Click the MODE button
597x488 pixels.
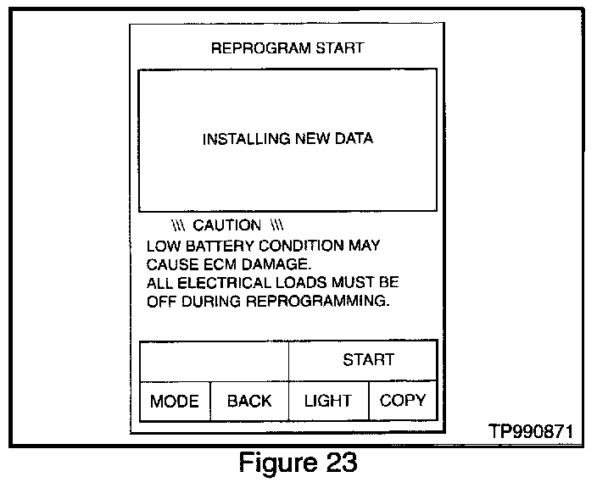point(174,401)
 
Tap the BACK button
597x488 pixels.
point(249,401)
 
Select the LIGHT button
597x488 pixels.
point(327,401)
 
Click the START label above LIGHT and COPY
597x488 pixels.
point(368,359)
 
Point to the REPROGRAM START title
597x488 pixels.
point(287,47)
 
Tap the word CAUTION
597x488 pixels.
point(227,225)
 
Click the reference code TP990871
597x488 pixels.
point(531,432)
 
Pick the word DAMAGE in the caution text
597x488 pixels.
point(274,263)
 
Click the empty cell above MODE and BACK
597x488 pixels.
point(214,359)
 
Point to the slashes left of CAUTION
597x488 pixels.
point(178,225)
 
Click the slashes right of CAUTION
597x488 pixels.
point(276,225)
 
